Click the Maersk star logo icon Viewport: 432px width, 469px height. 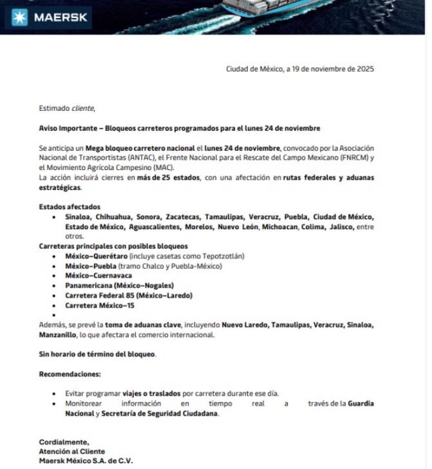click(x=16, y=17)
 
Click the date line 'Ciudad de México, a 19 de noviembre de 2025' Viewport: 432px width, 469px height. click(x=299, y=69)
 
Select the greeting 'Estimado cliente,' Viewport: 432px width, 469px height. click(x=67, y=108)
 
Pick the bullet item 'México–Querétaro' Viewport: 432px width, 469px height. click(x=96, y=256)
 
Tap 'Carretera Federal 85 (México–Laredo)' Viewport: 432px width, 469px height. click(x=128, y=295)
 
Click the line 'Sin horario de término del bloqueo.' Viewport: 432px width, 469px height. click(x=97, y=354)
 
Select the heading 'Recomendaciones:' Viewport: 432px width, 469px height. click(x=70, y=374)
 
